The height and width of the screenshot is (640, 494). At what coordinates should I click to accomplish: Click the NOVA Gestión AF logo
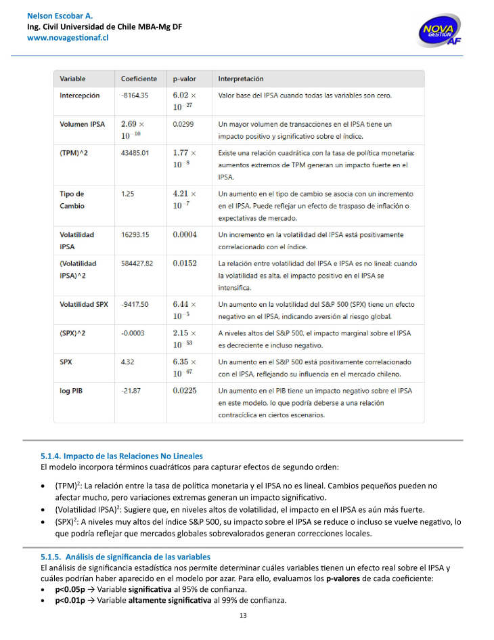click(x=440, y=30)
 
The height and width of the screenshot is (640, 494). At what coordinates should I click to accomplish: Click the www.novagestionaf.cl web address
click(x=68, y=38)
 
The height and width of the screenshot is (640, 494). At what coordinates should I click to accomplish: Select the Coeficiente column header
click(x=139, y=79)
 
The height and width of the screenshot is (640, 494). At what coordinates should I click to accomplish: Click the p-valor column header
click(x=184, y=79)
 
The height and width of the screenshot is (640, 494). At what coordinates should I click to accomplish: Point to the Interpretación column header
click(x=241, y=79)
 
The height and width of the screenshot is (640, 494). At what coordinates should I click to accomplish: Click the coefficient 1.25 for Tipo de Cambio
click(x=127, y=194)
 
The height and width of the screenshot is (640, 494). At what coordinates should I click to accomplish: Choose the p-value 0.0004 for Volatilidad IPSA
click(x=185, y=234)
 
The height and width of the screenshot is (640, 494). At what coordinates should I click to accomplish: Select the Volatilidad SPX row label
click(x=84, y=304)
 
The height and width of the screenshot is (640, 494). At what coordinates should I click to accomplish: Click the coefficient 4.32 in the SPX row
click(x=127, y=362)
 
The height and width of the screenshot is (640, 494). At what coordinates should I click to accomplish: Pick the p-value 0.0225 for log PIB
click(x=185, y=390)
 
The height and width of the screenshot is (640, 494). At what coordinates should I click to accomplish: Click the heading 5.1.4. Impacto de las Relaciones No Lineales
click(x=122, y=456)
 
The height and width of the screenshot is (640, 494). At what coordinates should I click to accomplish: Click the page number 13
click(x=244, y=616)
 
